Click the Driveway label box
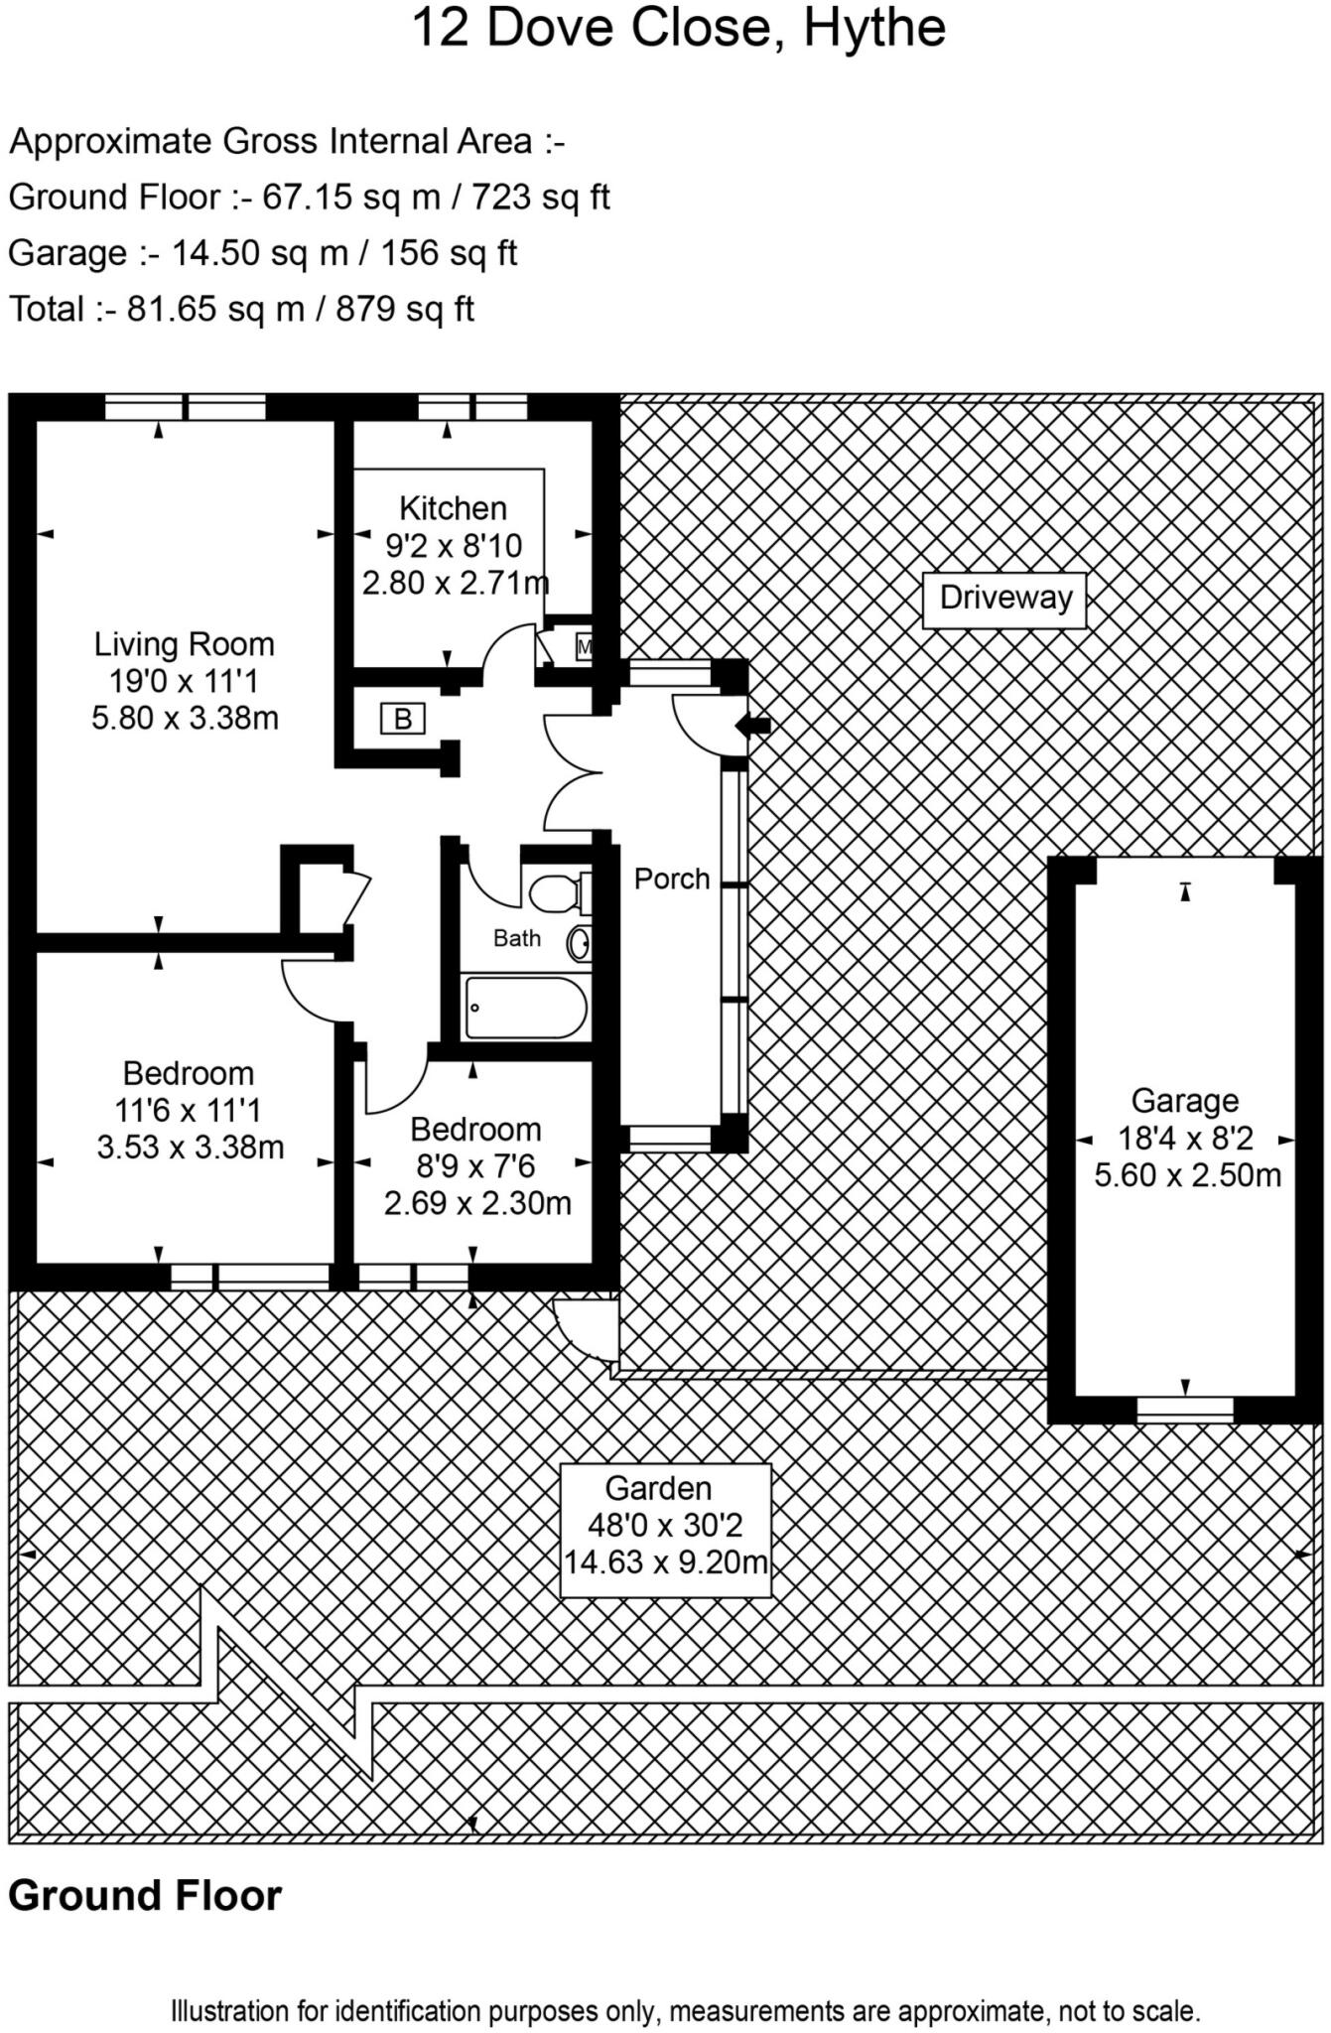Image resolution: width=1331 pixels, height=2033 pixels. [x=1004, y=599]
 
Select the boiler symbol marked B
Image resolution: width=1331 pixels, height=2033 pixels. [x=402, y=719]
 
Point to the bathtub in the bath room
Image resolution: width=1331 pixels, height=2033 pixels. [x=525, y=1009]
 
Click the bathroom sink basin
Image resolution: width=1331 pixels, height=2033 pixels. [x=580, y=943]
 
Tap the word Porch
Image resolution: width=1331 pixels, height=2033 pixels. [x=672, y=879]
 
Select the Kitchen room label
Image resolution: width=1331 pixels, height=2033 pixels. [x=453, y=508]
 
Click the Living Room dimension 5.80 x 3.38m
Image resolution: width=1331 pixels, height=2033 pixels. [x=185, y=718]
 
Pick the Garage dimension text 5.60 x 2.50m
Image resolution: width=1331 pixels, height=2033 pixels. [x=1187, y=1175]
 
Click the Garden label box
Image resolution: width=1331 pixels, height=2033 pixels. [x=665, y=1530]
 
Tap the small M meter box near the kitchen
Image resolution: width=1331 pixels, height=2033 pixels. [x=584, y=647]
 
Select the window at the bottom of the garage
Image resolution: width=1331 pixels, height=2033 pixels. [x=1184, y=1409]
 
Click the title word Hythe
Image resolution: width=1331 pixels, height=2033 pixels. [x=873, y=28]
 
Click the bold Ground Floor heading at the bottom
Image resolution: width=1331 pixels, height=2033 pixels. [x=145, y=1895]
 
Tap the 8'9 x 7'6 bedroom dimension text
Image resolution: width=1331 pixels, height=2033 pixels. [x=475, y=1166]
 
